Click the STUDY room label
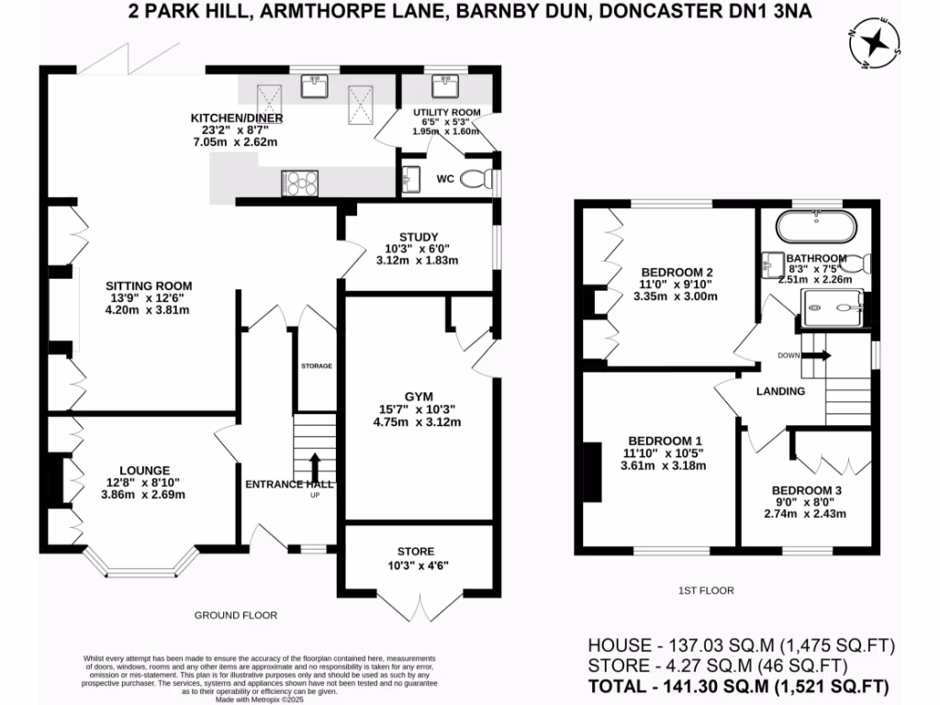(419, 237)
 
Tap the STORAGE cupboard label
(316, 366)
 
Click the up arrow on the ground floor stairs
(314, 464)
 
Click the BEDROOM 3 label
(806, 490)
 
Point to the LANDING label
(780, 391)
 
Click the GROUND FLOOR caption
(236, 615)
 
